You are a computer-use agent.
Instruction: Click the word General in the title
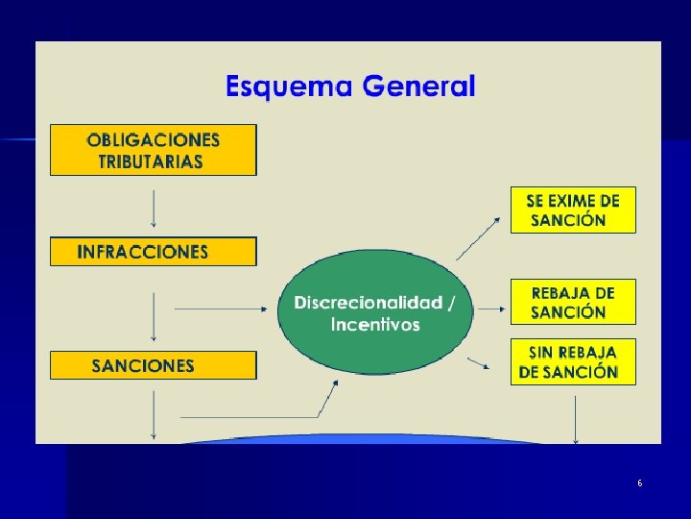(x=418, y=87)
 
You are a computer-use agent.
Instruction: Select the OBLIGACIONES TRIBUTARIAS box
(x=154, y=150)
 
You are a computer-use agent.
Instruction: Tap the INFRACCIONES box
(x=154, y=252)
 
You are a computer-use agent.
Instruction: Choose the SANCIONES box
(x=154, y=365)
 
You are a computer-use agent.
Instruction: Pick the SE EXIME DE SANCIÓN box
(x=573, y=210)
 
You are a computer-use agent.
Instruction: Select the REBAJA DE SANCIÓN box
(x=573, y=302)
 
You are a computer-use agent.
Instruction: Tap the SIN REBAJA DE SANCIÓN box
(x=573, y=361)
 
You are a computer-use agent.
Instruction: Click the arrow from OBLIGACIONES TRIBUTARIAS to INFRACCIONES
(x=154, y=206)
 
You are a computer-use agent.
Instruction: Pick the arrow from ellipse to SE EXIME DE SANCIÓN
(x=478, y=237)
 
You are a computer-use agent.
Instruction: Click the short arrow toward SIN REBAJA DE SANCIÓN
(x=479, y=363)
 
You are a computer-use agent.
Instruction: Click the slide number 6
(x=639, y=482)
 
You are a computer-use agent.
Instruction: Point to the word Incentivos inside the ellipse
(x=375, y=325)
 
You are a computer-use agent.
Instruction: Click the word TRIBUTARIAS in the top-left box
(x=151, y=161)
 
